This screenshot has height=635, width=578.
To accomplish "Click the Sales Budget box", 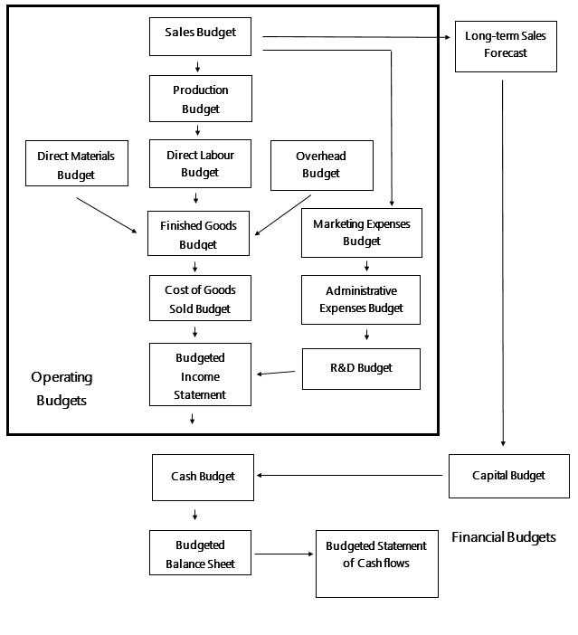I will coord(200,34).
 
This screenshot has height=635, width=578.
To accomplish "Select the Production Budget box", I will coord(200,99).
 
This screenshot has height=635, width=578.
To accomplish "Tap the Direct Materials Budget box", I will coord(76,165).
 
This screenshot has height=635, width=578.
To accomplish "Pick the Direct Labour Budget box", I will coord(200,164).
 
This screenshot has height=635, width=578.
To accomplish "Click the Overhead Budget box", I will coord(321,166).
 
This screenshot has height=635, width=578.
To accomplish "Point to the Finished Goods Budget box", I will coord(198,234).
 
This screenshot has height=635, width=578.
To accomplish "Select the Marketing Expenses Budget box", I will coord(361,232).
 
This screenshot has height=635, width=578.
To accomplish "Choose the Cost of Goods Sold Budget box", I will coord(200,299).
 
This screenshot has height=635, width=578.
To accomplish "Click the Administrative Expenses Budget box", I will coord(361,299).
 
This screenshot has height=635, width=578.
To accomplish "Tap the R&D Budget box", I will coord(361,368).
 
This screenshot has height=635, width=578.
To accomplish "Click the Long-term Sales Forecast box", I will coord(505,45).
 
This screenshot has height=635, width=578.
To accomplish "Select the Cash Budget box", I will coord(203,477).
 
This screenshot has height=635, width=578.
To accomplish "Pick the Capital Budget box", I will coord(508,475).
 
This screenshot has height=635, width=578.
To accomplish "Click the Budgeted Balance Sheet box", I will coord(200,554).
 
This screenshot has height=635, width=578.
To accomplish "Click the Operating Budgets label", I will coord(62,388).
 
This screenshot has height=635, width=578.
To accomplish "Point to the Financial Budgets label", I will coord(503,537).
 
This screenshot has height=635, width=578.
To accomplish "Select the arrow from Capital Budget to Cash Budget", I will coord(353,475).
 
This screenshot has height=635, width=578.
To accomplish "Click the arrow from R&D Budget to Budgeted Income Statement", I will coord(277,373).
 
